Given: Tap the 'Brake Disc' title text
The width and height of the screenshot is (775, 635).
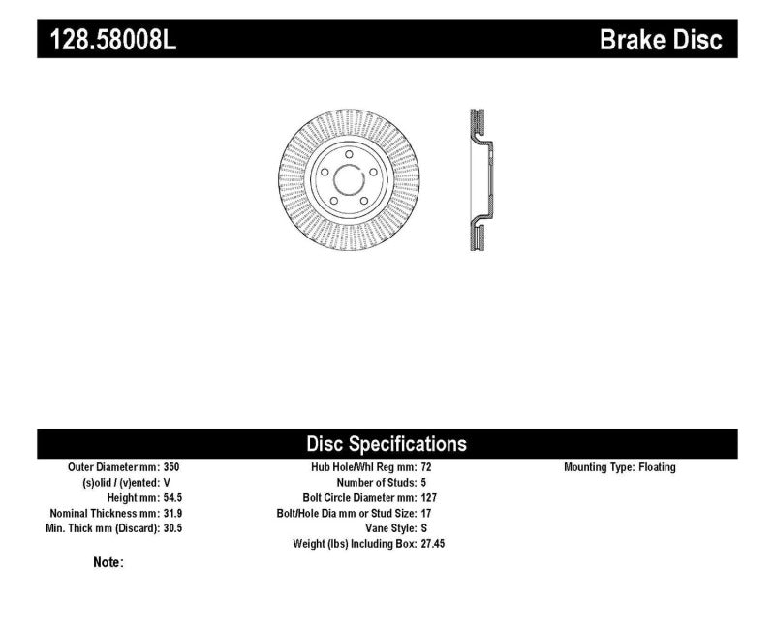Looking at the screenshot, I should click(662, 40).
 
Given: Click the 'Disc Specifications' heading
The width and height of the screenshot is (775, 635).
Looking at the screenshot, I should click(387, 444).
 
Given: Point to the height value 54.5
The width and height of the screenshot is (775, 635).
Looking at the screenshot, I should click(171, 497).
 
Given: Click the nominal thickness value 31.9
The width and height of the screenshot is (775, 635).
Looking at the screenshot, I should click(171, 513).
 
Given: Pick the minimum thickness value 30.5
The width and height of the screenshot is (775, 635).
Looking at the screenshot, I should click(171, 528).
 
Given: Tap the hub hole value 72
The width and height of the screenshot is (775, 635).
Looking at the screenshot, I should click(427, 467).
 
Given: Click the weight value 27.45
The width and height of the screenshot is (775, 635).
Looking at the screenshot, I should click(433, 544).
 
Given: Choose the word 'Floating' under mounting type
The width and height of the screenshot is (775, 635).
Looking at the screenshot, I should click(657, 467).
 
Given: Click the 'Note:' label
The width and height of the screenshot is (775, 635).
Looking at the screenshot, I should click(108, 562).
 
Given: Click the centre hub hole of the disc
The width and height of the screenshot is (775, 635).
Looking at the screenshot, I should click(347, 181).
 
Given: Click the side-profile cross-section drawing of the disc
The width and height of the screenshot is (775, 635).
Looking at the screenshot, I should click(478, 181).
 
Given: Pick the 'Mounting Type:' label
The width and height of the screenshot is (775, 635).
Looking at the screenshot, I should click(599, 467).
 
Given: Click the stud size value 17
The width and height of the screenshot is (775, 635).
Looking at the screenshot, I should click(427, 513).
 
